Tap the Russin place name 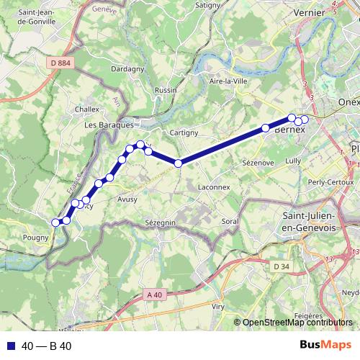point(166,91)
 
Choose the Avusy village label point(127,199)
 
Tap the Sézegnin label point(160,223)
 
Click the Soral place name point(230,221)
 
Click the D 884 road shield point(63,63)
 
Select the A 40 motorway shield point(154,294)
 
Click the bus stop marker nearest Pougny point(56,222)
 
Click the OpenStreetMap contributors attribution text point(297,323)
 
